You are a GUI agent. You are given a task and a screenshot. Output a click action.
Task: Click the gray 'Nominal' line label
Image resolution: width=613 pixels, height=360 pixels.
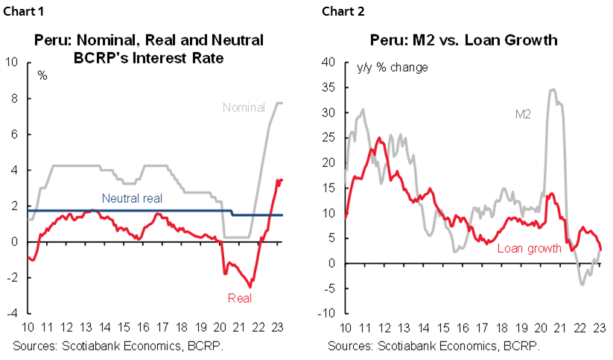click(x=244, y=107)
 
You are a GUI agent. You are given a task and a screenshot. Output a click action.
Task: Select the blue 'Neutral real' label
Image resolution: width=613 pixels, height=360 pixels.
click(x=132, y=198)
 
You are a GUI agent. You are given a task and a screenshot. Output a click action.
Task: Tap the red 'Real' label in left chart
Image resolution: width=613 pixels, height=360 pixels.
click(x=240, y=299)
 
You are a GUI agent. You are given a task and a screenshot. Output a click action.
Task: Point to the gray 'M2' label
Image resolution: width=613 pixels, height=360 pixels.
click(x=525, y=114)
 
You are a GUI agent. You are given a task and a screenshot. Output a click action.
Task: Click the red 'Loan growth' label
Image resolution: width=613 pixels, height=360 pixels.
click(x=528, y=249)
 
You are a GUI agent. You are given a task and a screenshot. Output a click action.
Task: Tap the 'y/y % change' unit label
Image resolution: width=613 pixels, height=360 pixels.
click(x=392, y=68)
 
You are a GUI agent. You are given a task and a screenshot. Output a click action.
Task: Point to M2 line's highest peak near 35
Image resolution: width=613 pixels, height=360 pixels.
click(x=552, y=89)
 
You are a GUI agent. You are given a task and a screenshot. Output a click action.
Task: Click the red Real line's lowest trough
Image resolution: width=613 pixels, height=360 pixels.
click(x=250, y=287)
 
